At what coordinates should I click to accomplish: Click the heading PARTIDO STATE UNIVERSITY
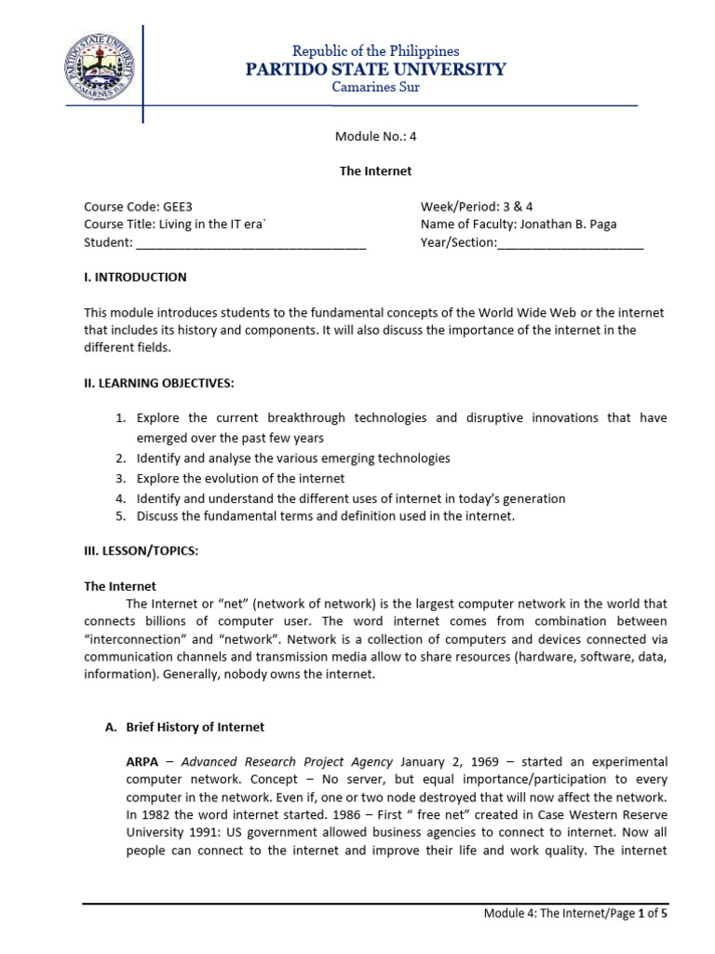[x=375, y=69]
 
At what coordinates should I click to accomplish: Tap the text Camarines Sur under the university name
[x=375, y=88]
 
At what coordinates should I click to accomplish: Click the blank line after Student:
[x=251, y=244]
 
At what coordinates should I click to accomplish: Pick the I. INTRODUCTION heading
[x=135, y=277]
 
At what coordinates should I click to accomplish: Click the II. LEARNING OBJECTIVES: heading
[x=159, y=383]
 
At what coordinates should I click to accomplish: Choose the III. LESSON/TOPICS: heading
[x=142, y=551]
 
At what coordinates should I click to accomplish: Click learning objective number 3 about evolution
[x=240, y=478]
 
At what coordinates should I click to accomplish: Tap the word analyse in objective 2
[x=219, y=458]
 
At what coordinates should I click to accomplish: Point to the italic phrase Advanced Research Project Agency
[x=287, y=761]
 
